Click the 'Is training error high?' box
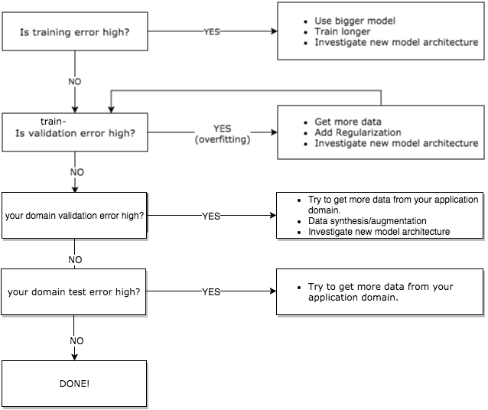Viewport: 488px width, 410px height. (75, 32)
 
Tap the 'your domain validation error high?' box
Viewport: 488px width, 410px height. (74, 216)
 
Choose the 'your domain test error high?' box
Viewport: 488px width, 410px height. (74, 291)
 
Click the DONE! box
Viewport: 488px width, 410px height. (74, 382)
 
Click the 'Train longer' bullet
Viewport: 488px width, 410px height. (342, 31)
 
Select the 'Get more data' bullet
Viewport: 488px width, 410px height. (348, 122)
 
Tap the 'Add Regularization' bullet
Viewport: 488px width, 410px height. (358, 133)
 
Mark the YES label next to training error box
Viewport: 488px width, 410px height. (213, 32)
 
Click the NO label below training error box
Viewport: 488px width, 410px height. (75, 80)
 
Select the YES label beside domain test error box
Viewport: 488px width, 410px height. (211, 291)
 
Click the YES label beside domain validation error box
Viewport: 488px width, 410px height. (211, 216)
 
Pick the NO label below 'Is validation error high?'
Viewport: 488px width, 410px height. (76, 173)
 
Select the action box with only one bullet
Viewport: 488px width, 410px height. (380, 291)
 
